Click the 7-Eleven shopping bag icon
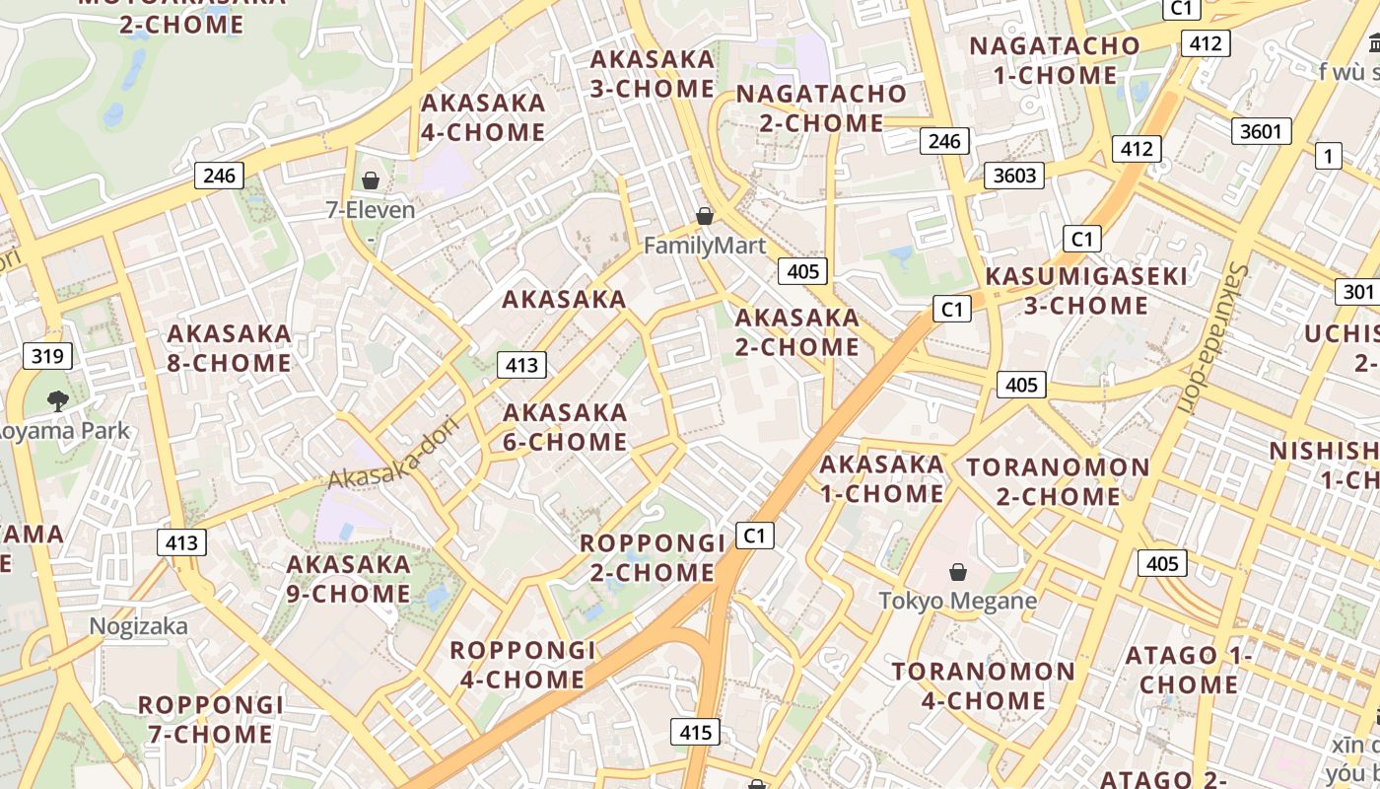click(371, 179)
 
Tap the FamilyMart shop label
click(704, 246)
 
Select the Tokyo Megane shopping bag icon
click(957, 571)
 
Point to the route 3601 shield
click(1261, 131)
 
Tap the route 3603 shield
click(1014, 176)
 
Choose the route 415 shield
click(695, 732)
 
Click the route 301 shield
click(1357, 292)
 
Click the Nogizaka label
click(138, 626)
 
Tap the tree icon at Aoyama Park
click(57, 400)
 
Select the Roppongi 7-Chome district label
click(210, 720)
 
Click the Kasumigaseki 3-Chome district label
click(1086, 291)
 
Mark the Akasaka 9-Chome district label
click(348, 579)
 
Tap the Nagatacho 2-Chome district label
click(822, 108)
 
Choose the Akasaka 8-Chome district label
click(229, 348)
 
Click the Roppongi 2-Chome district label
click(653, 557)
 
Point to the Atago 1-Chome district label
click(1189, 670)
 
